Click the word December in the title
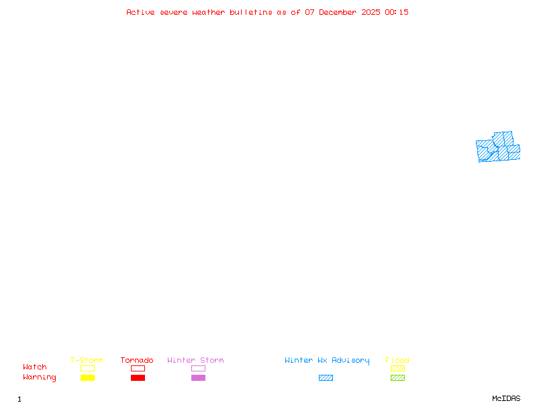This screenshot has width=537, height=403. point(338,12)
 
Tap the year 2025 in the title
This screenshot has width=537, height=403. point(371,12)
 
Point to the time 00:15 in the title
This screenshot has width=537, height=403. point(397,12)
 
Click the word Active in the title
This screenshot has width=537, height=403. point(140,12)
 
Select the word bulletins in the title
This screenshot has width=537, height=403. point(251,12)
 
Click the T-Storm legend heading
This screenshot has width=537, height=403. point(87,360)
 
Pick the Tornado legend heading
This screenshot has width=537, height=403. point(137,360)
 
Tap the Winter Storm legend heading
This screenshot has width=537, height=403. point(195,360)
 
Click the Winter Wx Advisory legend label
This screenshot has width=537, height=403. point(327,361)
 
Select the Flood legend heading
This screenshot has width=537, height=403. point(397,360)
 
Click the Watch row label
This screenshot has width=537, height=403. point(35,367)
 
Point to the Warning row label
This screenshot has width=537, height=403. point(40,377)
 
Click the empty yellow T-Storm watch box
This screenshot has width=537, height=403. point(88,368)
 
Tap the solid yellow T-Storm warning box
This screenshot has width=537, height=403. point(88,377)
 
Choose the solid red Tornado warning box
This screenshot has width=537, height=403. point(138,377)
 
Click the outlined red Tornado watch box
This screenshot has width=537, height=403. point(138,368)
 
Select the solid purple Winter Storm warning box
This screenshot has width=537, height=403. point(198,377)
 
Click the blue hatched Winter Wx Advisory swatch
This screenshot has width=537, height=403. point(326,377)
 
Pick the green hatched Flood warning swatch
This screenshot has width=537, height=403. point(397,377)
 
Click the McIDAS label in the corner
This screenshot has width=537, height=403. point(506,398)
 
